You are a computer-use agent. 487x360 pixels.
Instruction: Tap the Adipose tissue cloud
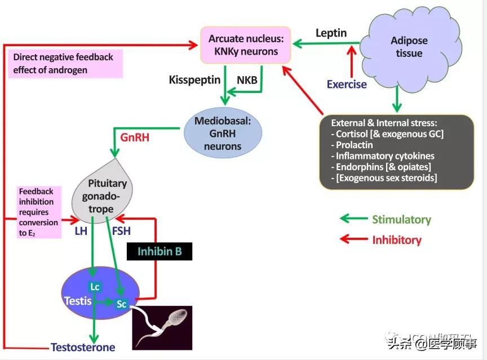point(409,47)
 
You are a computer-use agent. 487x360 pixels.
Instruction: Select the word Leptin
point(331,33)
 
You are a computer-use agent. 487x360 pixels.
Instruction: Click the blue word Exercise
point(347,85)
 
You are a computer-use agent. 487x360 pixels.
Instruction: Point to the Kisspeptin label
point(194,80)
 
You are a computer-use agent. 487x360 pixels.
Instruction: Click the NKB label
point(247,80)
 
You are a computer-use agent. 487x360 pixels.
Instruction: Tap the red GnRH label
point(135,137)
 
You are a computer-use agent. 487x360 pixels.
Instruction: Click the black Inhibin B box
point(159,251)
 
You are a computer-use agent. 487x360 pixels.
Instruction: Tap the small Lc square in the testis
point(95,287)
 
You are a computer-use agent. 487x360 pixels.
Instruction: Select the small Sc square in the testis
point(122,304)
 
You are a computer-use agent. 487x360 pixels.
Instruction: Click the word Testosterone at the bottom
point(83,348)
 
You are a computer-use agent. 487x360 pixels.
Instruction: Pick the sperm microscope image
point(162,327)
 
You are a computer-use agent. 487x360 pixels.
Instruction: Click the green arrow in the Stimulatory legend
point(352,219)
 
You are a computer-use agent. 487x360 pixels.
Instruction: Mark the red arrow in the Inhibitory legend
point(352,239)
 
